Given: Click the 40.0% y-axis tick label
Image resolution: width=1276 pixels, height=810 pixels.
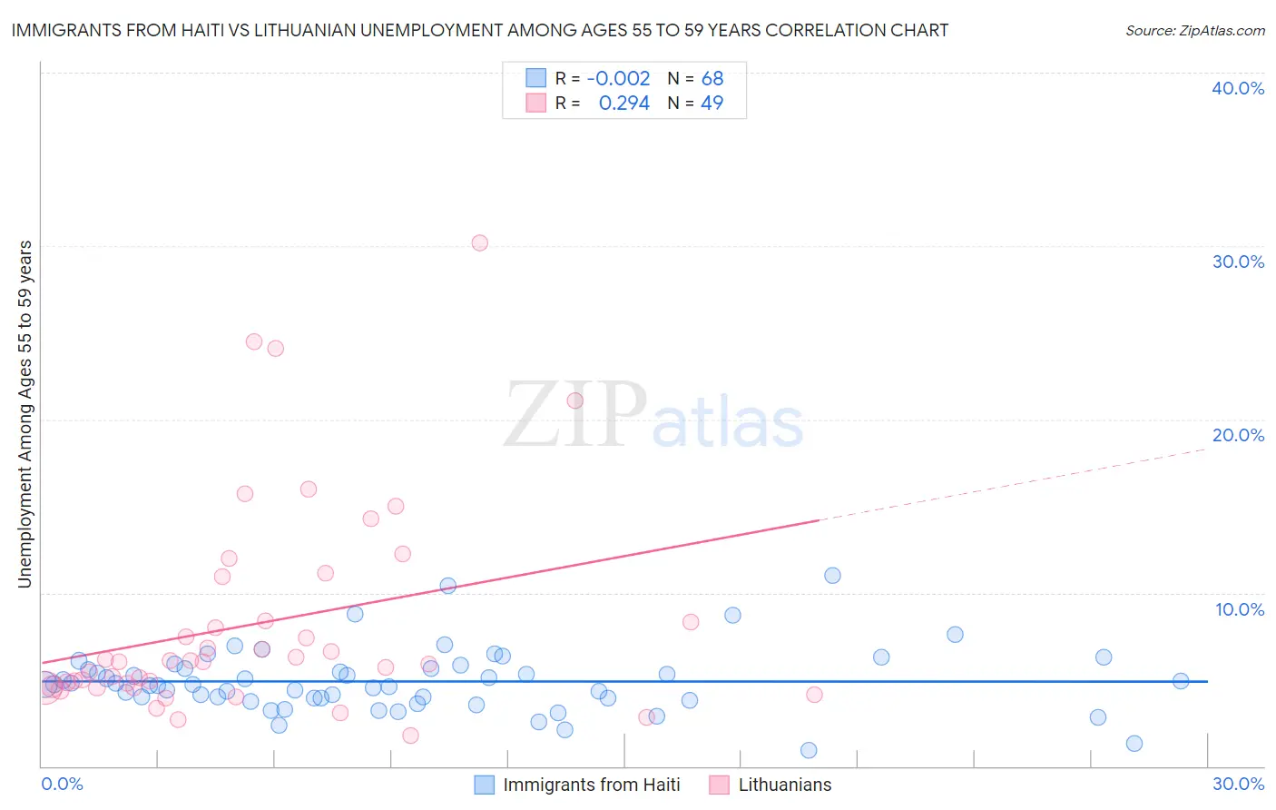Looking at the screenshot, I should [1238, 88].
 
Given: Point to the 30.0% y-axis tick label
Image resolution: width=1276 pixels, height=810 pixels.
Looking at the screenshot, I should [1238, 262].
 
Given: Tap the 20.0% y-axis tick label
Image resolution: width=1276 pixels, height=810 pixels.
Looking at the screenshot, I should [1238, 435].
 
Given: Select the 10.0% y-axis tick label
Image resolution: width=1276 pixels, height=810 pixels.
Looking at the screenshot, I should [1240, 609].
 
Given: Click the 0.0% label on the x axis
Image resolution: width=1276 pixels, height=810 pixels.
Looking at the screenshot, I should [62, 784].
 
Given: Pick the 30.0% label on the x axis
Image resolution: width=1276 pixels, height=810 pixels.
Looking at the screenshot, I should [1238, 784].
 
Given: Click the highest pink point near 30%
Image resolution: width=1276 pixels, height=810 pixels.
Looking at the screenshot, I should [480, 242].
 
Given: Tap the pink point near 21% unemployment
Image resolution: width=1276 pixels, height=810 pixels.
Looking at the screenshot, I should [574, 400].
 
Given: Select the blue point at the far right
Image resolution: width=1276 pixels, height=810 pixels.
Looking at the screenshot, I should [1181, 681].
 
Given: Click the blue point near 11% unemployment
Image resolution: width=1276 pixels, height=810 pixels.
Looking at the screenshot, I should [832, 575].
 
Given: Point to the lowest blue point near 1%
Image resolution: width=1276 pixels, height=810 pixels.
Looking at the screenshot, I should [809, 750].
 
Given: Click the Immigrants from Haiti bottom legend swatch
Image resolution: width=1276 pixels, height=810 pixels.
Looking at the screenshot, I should [485, 785].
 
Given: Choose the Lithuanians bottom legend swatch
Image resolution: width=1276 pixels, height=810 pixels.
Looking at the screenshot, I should [720, 785].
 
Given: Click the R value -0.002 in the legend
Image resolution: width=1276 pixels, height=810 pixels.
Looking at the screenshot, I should [618, 79].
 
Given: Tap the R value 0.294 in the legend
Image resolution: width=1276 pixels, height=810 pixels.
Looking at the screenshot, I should [624, 104].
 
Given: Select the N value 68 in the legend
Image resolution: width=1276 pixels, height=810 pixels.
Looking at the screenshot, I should [712, 79].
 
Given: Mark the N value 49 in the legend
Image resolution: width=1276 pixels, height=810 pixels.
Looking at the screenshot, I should [712, 104].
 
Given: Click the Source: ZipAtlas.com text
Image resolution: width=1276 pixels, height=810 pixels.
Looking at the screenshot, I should [1194, 31].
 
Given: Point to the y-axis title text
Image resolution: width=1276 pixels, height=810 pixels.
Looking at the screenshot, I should [25, 414].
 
